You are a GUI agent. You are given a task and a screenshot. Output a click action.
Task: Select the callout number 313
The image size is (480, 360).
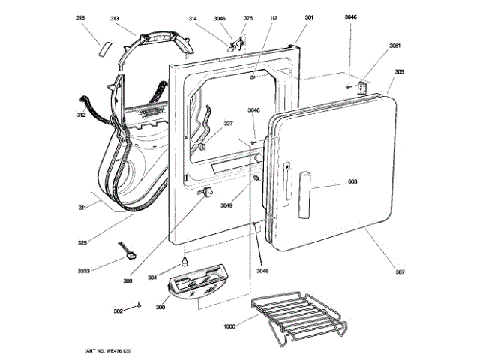pyautogui.click(x=115, y=18)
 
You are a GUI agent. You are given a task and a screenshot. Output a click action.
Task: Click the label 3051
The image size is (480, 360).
pyautogui.click(x=394, y=46)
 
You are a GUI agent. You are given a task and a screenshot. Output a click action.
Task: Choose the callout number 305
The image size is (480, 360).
pyautogui.click(x=400, y=72)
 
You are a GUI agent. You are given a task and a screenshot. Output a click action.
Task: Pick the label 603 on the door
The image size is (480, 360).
pyautogui.click(x=352, y=182)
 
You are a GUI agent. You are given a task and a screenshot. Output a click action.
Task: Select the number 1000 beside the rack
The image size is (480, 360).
pyautogui.click(x=230, y=326)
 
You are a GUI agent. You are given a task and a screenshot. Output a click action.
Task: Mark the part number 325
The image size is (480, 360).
pyautogui.click(x=82, y=242)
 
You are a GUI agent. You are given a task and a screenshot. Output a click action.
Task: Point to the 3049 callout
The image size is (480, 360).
pyautogui.click(x=226, y=205)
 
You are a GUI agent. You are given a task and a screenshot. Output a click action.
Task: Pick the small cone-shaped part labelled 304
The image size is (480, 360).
pyautogui.click(x=181, y=263)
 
